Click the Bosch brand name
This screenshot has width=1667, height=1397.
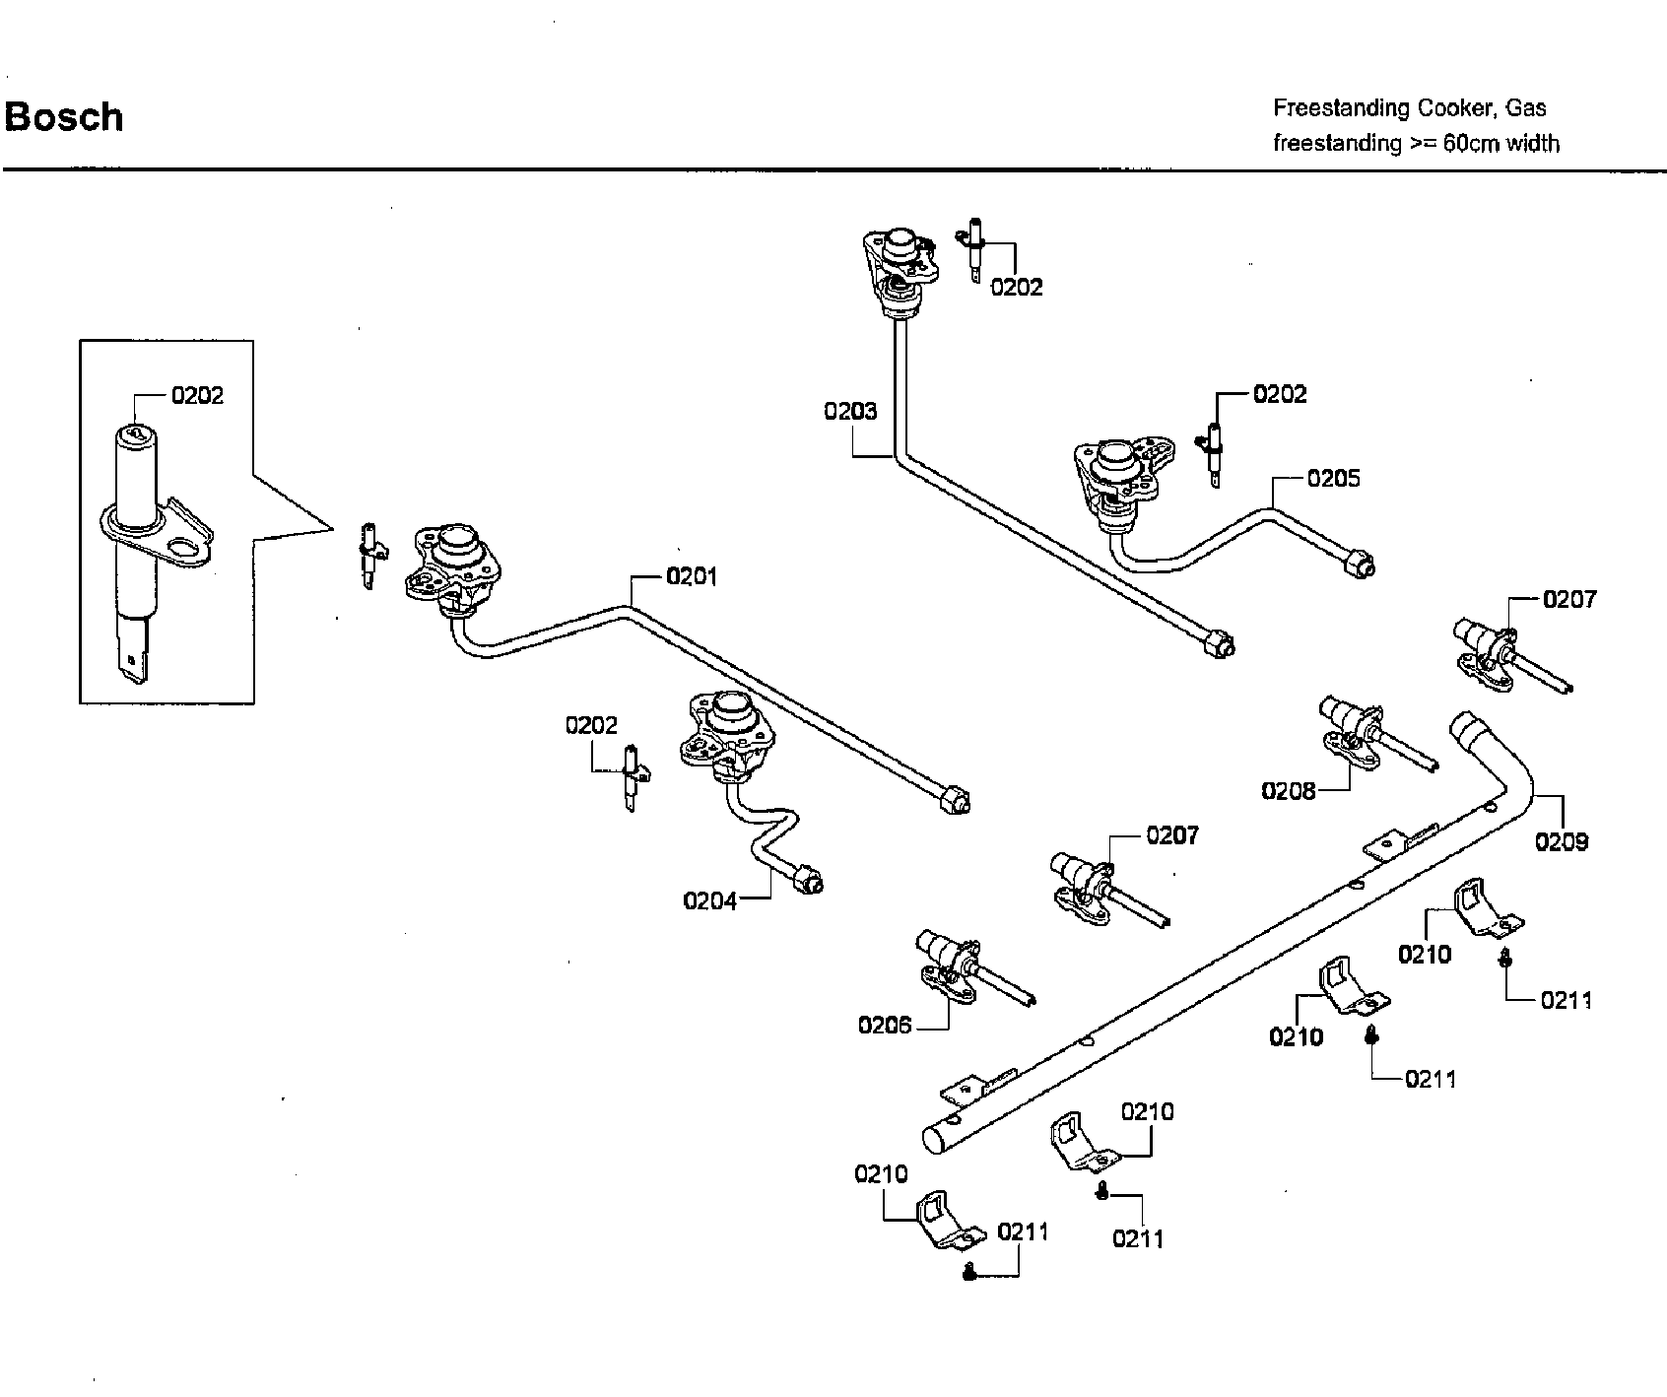pos(64,117)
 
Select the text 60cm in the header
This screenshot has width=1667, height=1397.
pos(1472,143)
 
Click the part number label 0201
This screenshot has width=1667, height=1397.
pos(692,576)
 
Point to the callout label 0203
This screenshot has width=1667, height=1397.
pos(850,411)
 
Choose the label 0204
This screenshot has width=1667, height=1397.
pos(710,900)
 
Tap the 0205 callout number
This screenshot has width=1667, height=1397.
pos(1333,478)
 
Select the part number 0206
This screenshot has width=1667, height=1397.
pos(885,1026)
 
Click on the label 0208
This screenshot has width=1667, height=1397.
pos(1289,790)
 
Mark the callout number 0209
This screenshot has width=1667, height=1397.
pos(1562,841)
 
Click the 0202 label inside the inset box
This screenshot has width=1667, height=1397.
pos(197,395)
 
